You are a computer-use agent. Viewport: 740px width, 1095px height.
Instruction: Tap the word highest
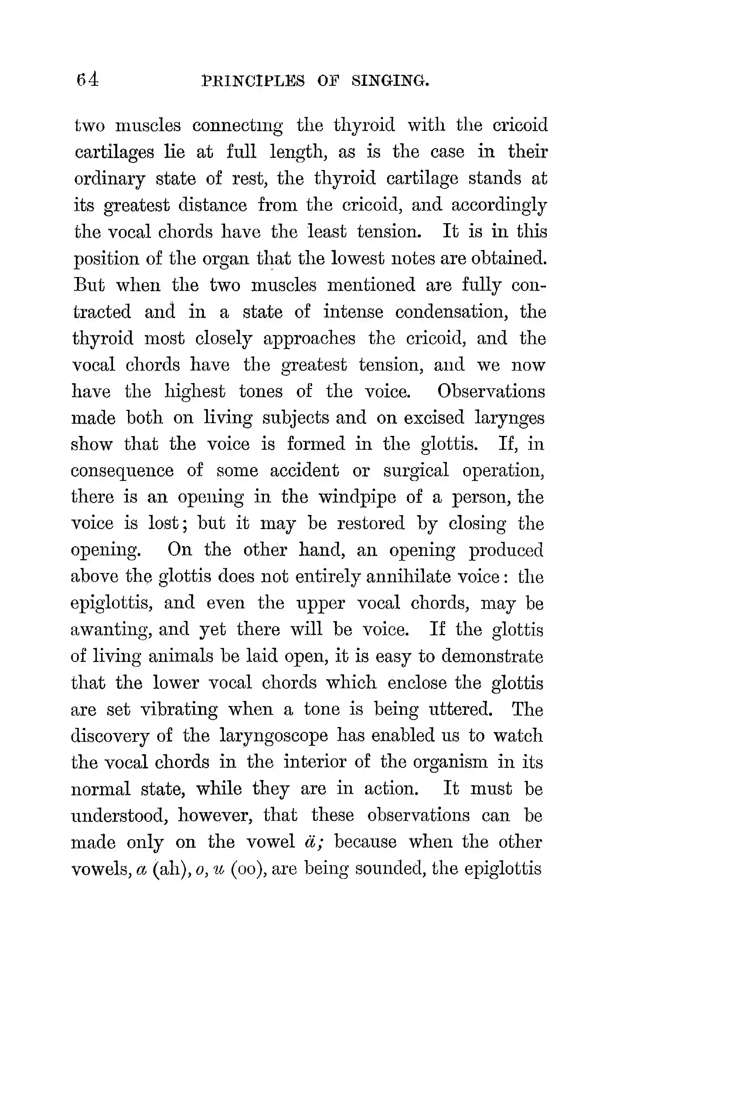(195, 391)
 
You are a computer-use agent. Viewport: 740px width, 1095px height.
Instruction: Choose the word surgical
(416, 471)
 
